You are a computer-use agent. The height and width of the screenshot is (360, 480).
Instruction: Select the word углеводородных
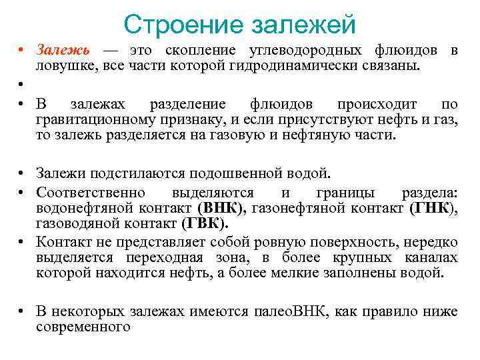(305, 51)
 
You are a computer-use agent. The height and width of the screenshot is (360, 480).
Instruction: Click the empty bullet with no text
(22, 85)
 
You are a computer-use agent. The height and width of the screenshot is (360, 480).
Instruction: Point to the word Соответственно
(91, 193)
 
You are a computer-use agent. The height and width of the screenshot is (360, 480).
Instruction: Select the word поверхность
(347, 242)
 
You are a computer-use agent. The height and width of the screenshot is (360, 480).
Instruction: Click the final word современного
(83, 327)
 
